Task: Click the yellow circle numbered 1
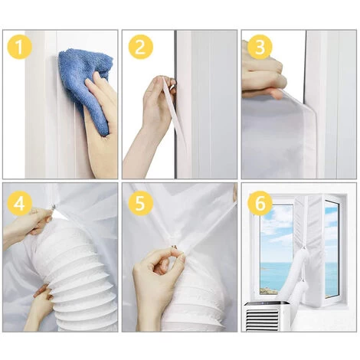click(20, 47)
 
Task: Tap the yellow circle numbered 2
click(140, 47)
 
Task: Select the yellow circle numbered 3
click(260, 47)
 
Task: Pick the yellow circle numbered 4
click(20, 204)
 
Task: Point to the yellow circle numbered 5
click(140, 204)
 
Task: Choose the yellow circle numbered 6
click(260, 204)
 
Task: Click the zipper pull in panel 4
click(53, 208)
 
